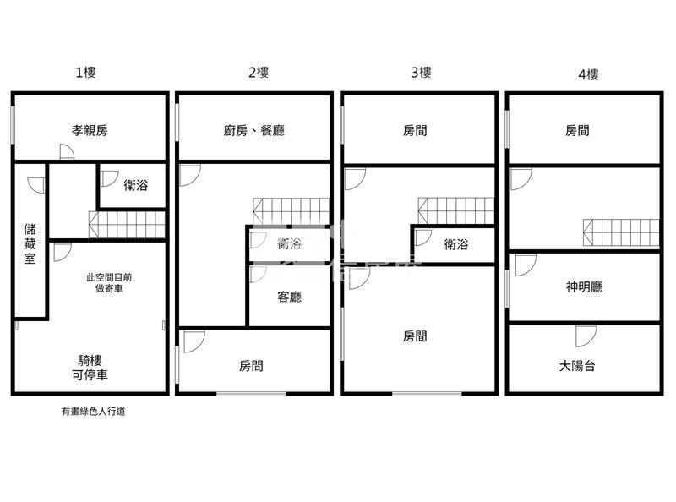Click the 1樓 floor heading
pos(85,73)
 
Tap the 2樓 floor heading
pos(259,73)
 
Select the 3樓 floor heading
pos(422,73)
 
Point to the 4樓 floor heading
pos(588,74)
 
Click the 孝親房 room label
pos(90,130)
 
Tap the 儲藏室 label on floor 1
pos(30,243)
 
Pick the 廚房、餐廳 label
pos(253,130)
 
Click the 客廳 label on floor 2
pos(290,297)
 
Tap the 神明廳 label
pos(584,286)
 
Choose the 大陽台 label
pos(578,366)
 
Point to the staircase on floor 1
pos(127,225)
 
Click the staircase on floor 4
pos(620,232)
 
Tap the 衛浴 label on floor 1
pos(135,184)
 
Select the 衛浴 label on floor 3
pos(456,244)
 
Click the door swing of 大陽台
pos(586,335)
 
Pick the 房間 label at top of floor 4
pos(577,130)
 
